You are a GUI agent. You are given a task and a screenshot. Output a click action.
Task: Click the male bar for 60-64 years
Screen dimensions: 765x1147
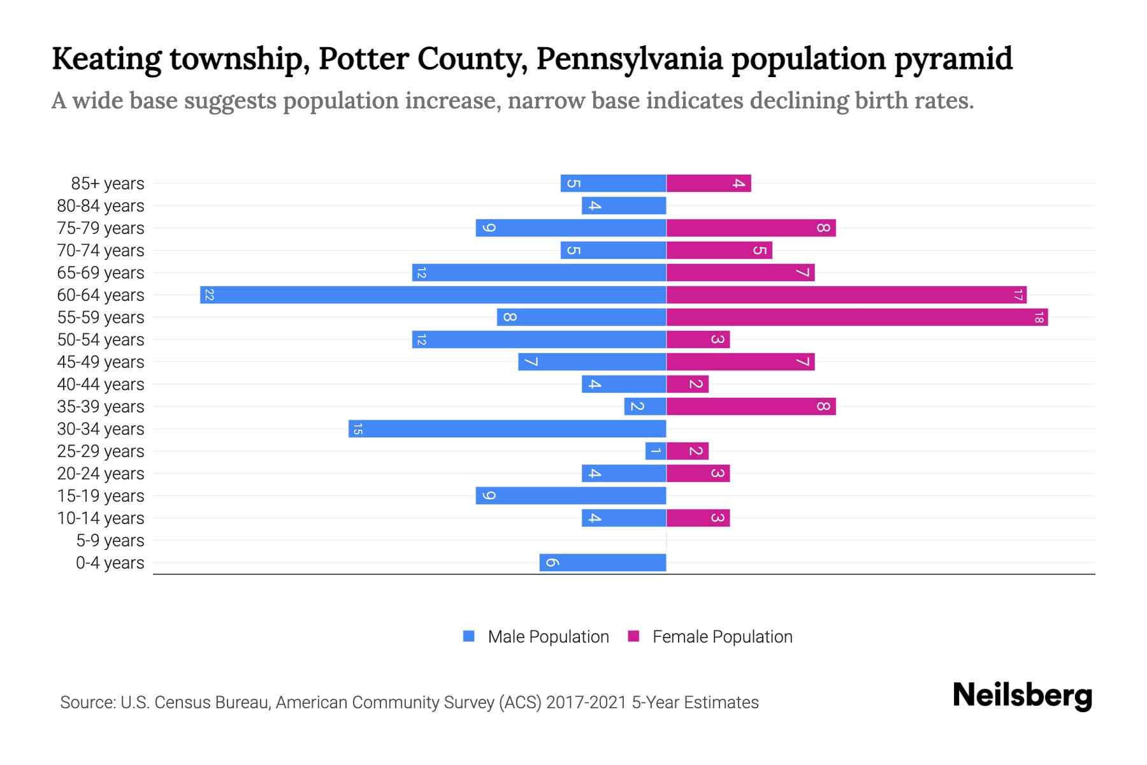pyautogui.click(x=433, y=295)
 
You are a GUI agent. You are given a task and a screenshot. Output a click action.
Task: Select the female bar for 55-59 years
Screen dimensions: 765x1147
pyautogui.click(x=857, y=317)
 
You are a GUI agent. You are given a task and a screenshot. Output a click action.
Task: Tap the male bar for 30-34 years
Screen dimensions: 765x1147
pyautogui.click(x=507, y=428)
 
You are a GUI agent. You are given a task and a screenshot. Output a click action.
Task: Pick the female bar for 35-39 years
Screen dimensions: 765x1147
pyautogui.click(x=751, y=406)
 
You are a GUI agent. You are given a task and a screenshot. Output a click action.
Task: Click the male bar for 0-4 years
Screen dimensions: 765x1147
pyautogui.click(x=603, y=562)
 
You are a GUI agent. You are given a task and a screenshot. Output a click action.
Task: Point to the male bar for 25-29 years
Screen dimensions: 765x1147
pyautogui.click(x=656, y=451)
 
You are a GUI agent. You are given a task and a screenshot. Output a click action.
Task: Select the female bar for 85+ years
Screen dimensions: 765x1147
pyautogui.click(x=709, y=183)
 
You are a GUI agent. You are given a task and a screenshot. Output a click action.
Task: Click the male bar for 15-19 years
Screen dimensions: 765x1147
pyautogui.click(x=571, y=495)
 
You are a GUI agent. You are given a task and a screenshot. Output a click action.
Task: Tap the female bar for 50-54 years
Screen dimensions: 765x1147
pyautogui.click(x=698, y=339)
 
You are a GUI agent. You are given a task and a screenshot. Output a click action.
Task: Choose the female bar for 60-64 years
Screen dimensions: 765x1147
pyautogui.click(x=846, y=295)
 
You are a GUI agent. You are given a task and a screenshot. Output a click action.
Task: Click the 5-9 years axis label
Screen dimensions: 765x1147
pyautogui.click(x=110, y=541)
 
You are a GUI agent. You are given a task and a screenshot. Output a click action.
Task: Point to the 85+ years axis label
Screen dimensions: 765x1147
pyautogui.click(x=108, y=184)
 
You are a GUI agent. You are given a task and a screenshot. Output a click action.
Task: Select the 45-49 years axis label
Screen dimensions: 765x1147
pyautogui.click(x=101, y=362)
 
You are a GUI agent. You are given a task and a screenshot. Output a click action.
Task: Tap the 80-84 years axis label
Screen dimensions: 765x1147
pyautogui.click(x=101, y=206)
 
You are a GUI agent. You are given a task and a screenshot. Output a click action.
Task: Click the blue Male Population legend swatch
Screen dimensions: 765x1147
pyautogui.click(x=469, y=636)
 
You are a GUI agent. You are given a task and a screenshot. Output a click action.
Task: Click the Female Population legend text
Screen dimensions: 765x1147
pyautogui.click(x=722, y=636)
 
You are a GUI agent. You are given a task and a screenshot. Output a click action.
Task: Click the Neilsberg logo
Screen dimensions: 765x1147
pyautogui.click(x=1022, y=696)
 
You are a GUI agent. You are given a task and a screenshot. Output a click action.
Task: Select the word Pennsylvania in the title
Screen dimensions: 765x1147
pyautogui.click(x=629, y=59)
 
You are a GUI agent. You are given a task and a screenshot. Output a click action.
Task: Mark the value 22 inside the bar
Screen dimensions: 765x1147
pyautogui.click(x=209, y=295)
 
